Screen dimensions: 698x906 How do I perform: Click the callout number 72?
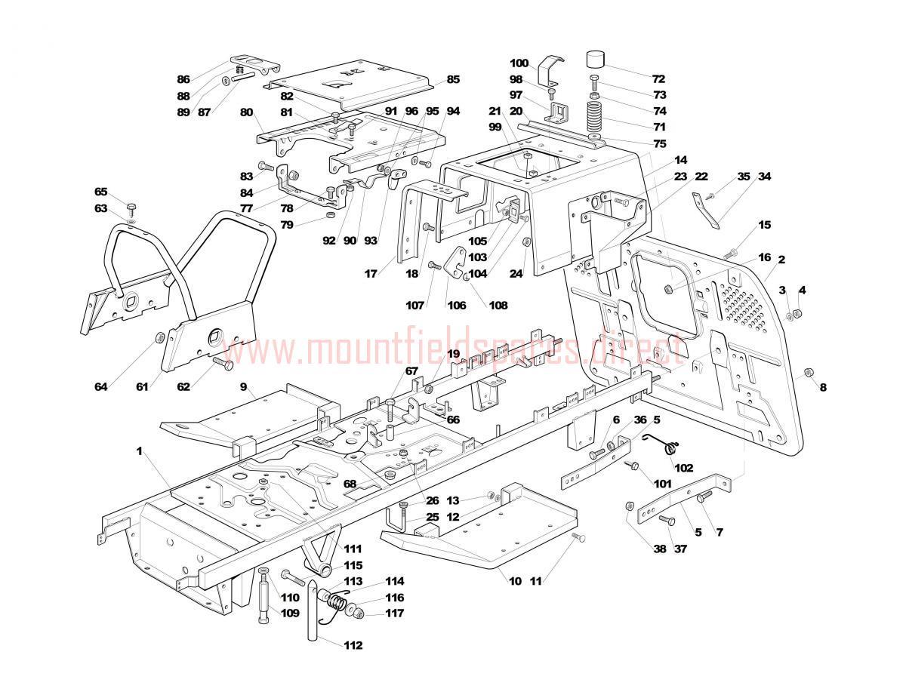658,78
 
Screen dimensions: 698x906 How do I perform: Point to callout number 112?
352,645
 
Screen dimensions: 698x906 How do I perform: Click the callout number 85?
453,79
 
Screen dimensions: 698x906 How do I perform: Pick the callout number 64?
101,387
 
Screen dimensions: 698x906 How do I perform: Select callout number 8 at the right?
823,388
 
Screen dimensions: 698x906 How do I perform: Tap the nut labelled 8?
806,372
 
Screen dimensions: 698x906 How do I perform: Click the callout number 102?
683,468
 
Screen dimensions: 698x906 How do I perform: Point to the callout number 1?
140,450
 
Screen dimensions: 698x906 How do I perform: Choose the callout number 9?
244,387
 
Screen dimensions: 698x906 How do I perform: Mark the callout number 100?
519,63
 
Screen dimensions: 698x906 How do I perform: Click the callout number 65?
101,192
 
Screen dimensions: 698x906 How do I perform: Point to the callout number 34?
765,177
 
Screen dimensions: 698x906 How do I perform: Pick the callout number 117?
394,613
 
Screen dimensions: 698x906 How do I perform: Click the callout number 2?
781,260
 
